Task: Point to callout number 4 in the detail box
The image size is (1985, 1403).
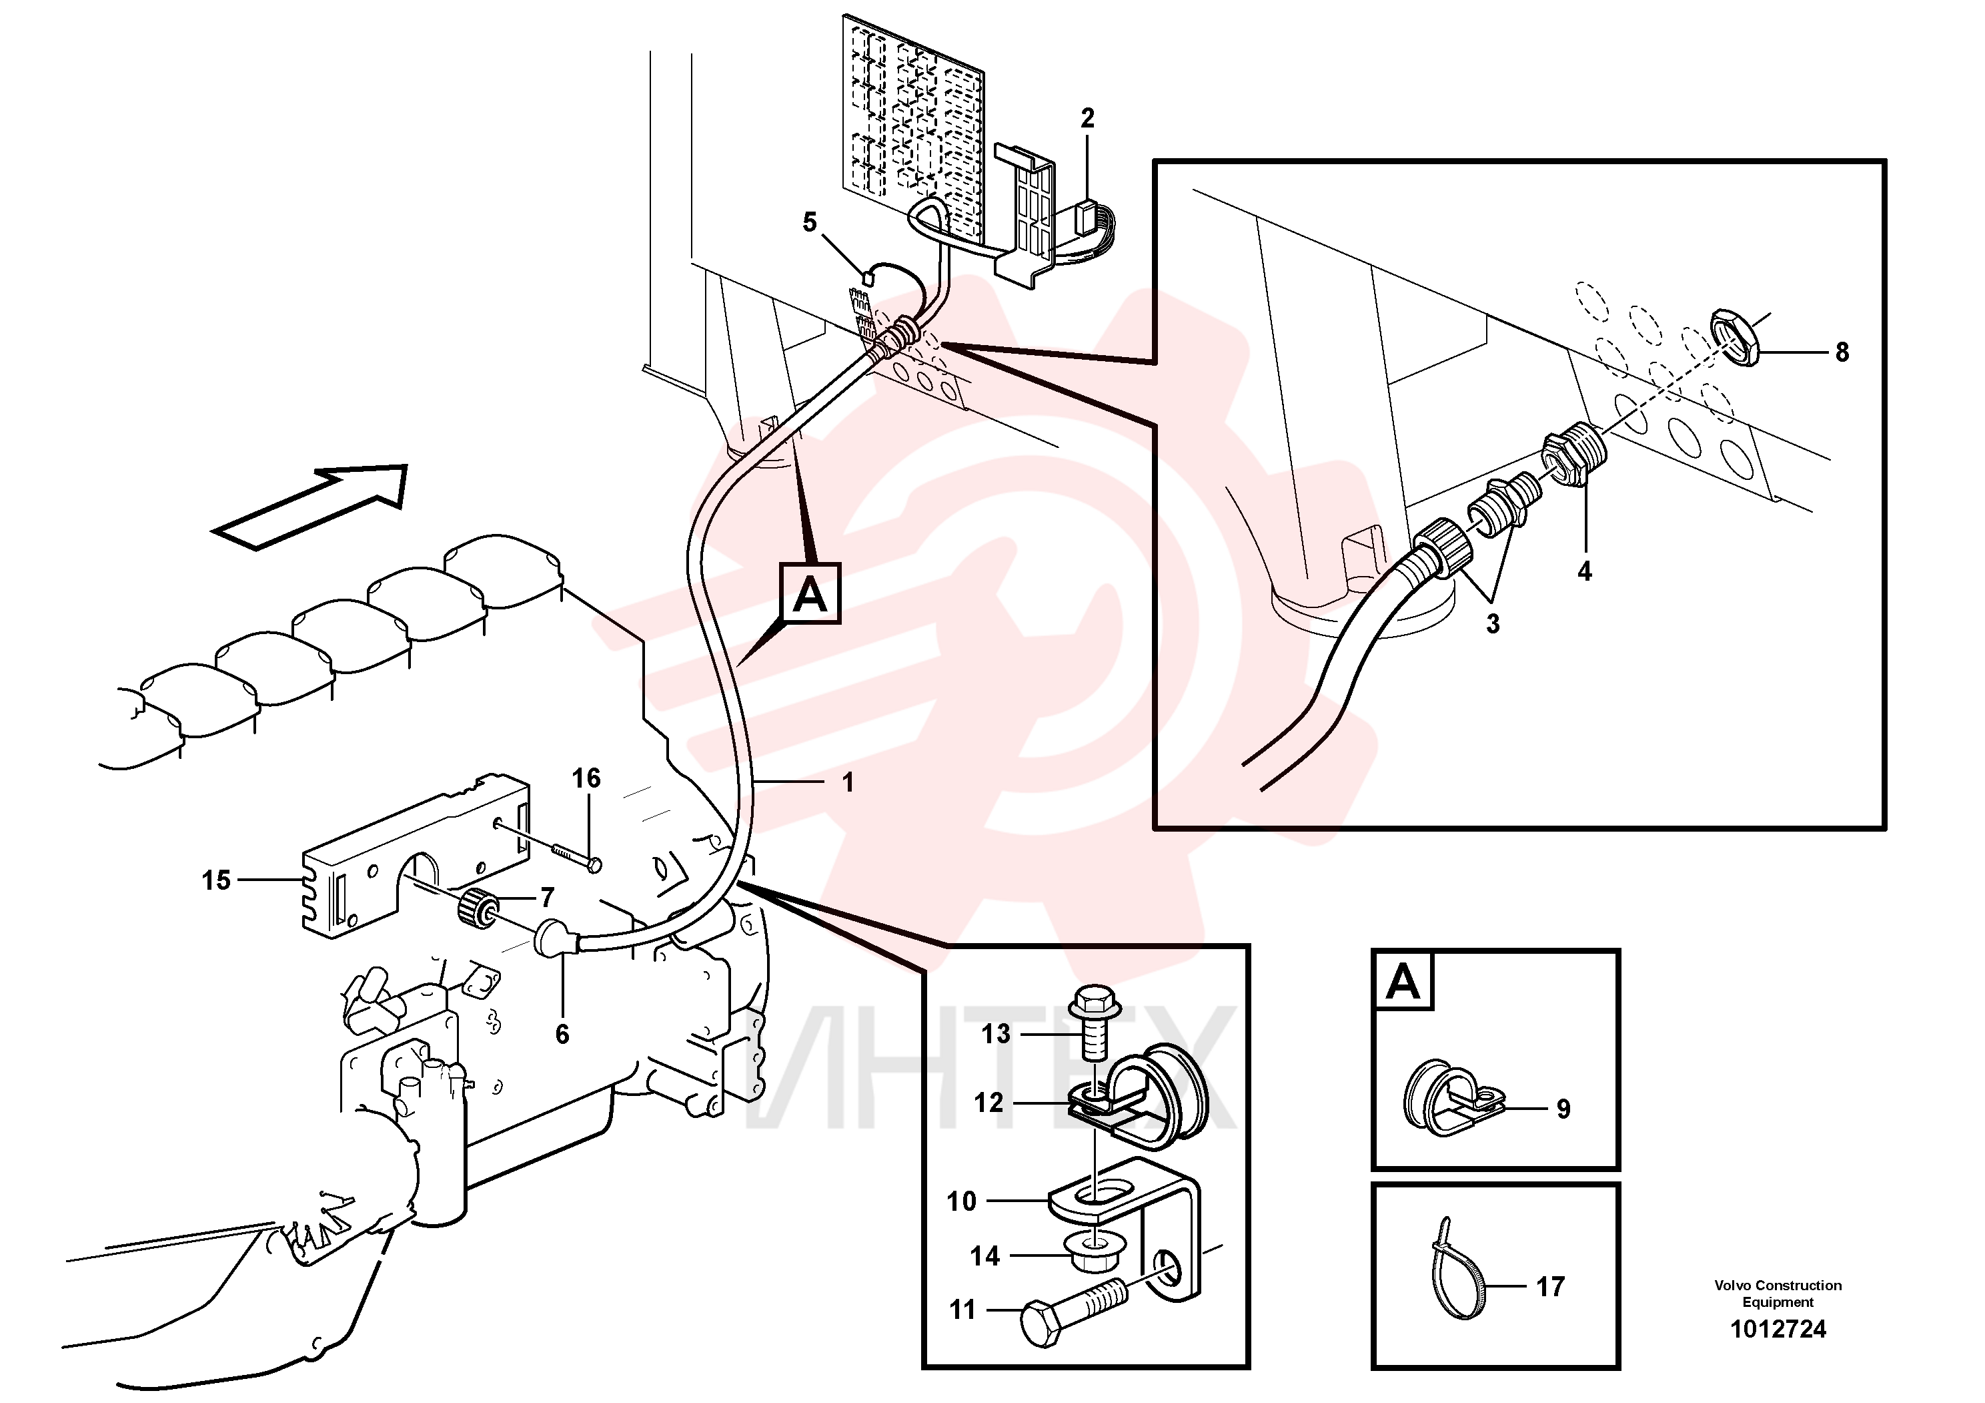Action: coord(1585,571)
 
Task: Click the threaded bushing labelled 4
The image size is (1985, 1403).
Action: coord(1574,454)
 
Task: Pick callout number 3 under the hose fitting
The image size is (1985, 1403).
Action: coord(1493,623)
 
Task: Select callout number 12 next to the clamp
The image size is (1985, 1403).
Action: coord(989,1103)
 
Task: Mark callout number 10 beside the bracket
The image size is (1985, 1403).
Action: coord(961,1201)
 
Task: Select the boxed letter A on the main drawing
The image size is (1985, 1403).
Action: coord(810,593)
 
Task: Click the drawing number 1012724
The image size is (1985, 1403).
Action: coord(1778,1330)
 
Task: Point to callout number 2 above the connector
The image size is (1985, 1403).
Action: coord(1088,119)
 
